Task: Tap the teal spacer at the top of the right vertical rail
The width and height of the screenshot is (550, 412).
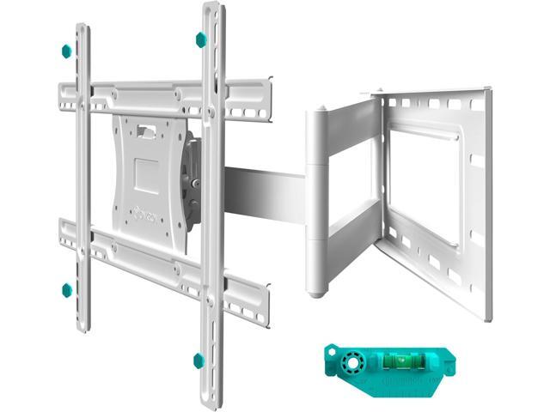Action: [200, 39]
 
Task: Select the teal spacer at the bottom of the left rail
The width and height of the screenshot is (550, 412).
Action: [66, 290]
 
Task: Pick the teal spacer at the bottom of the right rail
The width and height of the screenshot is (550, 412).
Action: [199, 360]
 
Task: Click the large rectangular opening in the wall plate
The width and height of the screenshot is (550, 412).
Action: [425, 189]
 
